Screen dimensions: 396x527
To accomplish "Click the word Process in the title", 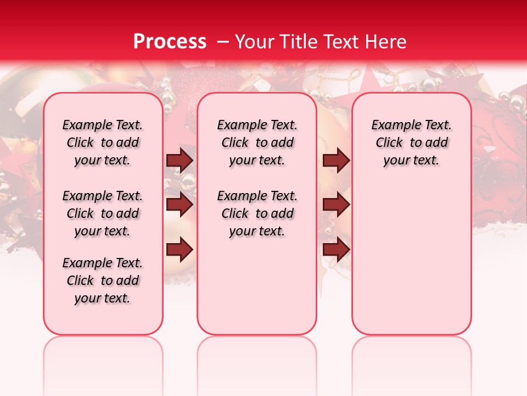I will point(170,42).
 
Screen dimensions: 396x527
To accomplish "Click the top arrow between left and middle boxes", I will point(180,161).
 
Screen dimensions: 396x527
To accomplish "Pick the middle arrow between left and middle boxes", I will point(180,205).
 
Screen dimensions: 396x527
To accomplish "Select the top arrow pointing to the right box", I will point(336,161).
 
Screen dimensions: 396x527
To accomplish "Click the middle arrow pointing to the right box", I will point(336,205).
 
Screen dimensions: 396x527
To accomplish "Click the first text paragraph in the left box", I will point(103,142).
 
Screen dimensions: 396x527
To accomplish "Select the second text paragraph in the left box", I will point(103,213).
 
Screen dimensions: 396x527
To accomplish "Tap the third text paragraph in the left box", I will point(103,280).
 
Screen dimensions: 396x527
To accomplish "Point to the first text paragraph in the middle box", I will point(257,142).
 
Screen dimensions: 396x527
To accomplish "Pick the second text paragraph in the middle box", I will point(257,213).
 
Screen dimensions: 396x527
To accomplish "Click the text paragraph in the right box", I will point(411,142).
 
